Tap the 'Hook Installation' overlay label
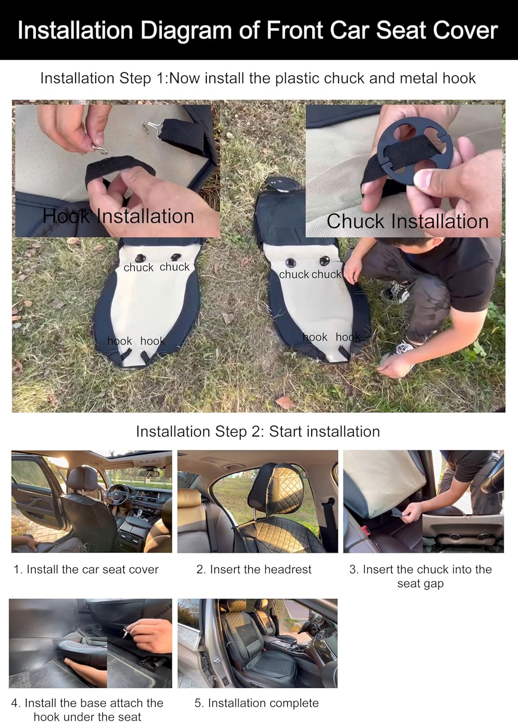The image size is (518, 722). [118, 216]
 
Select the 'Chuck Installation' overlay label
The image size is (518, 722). [407, 221]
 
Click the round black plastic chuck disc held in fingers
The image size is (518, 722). [415, 151]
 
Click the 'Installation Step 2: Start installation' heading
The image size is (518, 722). [258, 432]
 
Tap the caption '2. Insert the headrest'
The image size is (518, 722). [254, 569]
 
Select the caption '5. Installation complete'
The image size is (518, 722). [256, 703]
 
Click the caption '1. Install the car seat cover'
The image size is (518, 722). [86, 569]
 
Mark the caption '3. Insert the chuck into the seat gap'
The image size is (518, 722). [420, 576]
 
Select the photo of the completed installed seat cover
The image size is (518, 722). [257, 644]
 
